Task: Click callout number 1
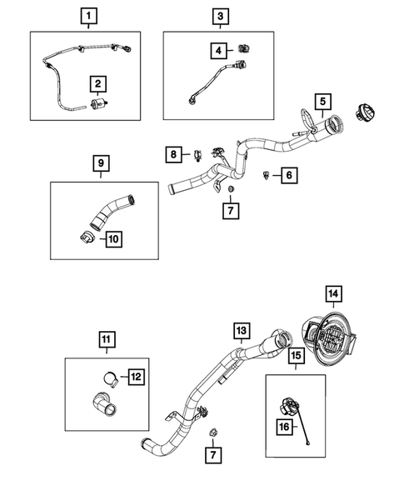pyautogui.click(x=89, y=15)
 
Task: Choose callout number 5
pyautogui.click(x=319, y=101)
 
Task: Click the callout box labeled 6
pyautogui.click(x=288, y=175)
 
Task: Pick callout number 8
pyautogui.click(x=174, y=154)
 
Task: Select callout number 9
pyautogui.click(x=100, y=163)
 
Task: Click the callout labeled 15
pyautogui.click(x=296, y=355)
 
